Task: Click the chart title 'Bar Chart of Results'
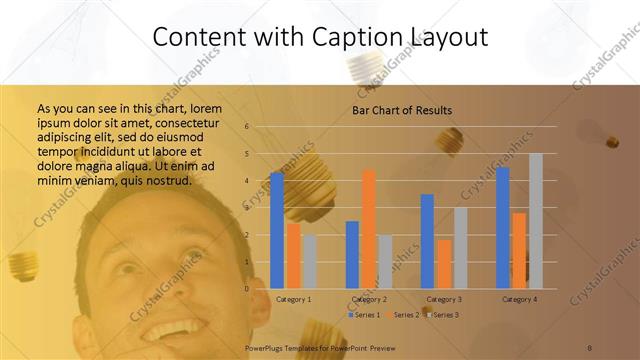click(x=402, y=110)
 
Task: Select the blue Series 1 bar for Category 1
click(x=277, y=230)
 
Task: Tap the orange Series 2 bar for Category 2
click(x=369, y=229)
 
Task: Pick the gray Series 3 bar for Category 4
click(x=536, y=221)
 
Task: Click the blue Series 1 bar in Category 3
click(x=427, y=241)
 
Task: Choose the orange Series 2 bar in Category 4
click(x=519, y=250)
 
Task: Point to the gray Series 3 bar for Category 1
click(x=310, y=261)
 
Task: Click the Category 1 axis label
click(x=293, y=299)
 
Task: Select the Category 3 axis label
click(x=444, y=299)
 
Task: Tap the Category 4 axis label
click(x=519, y=299)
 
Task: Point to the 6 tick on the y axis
click(x=247, y=127)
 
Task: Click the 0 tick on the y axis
click(x=247, y=289)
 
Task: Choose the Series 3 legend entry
click(x=442, y=315)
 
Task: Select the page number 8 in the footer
click(x=590, y=347)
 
